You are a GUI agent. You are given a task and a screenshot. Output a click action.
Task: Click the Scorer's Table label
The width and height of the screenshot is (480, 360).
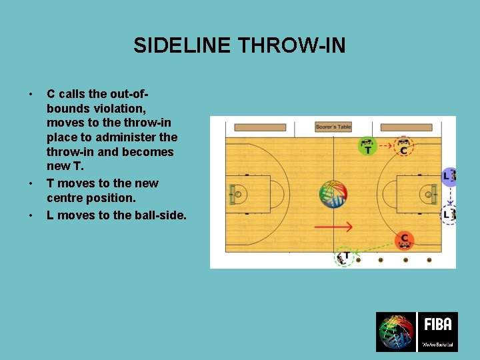click(333, 127)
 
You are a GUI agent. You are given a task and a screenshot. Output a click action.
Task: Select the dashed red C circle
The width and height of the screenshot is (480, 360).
click(403, 146)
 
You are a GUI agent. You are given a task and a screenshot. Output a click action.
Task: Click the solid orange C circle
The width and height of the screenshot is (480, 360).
click(404, 240)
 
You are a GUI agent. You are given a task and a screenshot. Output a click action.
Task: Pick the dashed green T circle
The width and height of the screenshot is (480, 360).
click(345, 257)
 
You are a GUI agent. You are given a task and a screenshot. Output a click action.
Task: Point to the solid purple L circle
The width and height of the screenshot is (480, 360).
click(449, 176)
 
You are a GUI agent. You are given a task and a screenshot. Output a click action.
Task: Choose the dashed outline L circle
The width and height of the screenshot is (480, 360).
click(449, 214)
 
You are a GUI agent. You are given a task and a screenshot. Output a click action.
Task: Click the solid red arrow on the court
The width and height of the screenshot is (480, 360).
click(333, 227)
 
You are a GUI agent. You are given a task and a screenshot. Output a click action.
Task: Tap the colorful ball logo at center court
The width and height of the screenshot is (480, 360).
click(333, 194)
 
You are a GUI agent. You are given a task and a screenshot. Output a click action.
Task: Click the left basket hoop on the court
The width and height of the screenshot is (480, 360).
click(238, 194)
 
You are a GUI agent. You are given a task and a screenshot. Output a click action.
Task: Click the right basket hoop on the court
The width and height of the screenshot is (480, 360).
click(428, 194)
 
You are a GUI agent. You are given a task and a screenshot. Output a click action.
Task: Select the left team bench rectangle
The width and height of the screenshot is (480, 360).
click(260, 127)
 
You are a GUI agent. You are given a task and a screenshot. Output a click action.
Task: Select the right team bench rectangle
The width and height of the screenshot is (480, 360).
click(406, 127)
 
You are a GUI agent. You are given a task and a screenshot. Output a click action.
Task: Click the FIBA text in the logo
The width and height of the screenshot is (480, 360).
click(437, 325)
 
